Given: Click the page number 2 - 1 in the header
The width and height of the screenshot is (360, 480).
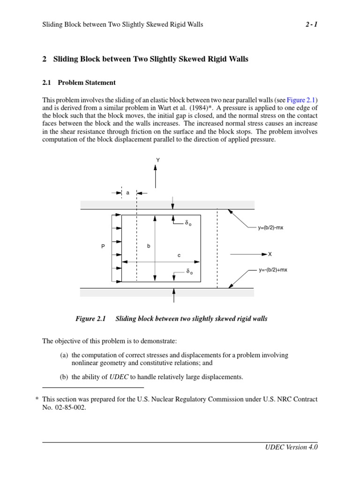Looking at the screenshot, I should (x=311, y=24).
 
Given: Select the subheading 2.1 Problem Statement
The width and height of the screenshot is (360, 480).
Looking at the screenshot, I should (x=79, y=82).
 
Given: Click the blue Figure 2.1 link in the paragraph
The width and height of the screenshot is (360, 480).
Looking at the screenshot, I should (x=301, y=100).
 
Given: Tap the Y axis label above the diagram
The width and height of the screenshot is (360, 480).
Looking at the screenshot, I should (x=158, y=160).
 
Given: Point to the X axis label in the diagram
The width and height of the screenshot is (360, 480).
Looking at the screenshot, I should (x=270, y=254).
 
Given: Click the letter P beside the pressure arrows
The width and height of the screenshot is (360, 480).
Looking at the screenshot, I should (x=103, y=246).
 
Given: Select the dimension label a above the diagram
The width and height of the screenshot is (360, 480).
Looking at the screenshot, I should (x=127, y=193).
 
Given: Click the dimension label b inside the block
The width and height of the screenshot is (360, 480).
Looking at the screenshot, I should (x=149, y=246).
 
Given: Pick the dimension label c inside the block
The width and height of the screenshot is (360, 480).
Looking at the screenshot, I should (x=179, y=255).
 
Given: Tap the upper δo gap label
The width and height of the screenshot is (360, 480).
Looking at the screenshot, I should (x=188, y=224).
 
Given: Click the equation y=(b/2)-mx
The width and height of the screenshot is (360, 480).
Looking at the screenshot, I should (x=270, y=228).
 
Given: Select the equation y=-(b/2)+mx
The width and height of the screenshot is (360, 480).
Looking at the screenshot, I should (x=273, y=270).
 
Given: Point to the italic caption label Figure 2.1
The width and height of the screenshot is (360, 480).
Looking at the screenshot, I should (x=91, y=319).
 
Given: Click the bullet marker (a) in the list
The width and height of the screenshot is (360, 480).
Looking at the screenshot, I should (x=64, y=355).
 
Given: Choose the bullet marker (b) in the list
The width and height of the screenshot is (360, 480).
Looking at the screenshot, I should (x=64, y=377).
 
